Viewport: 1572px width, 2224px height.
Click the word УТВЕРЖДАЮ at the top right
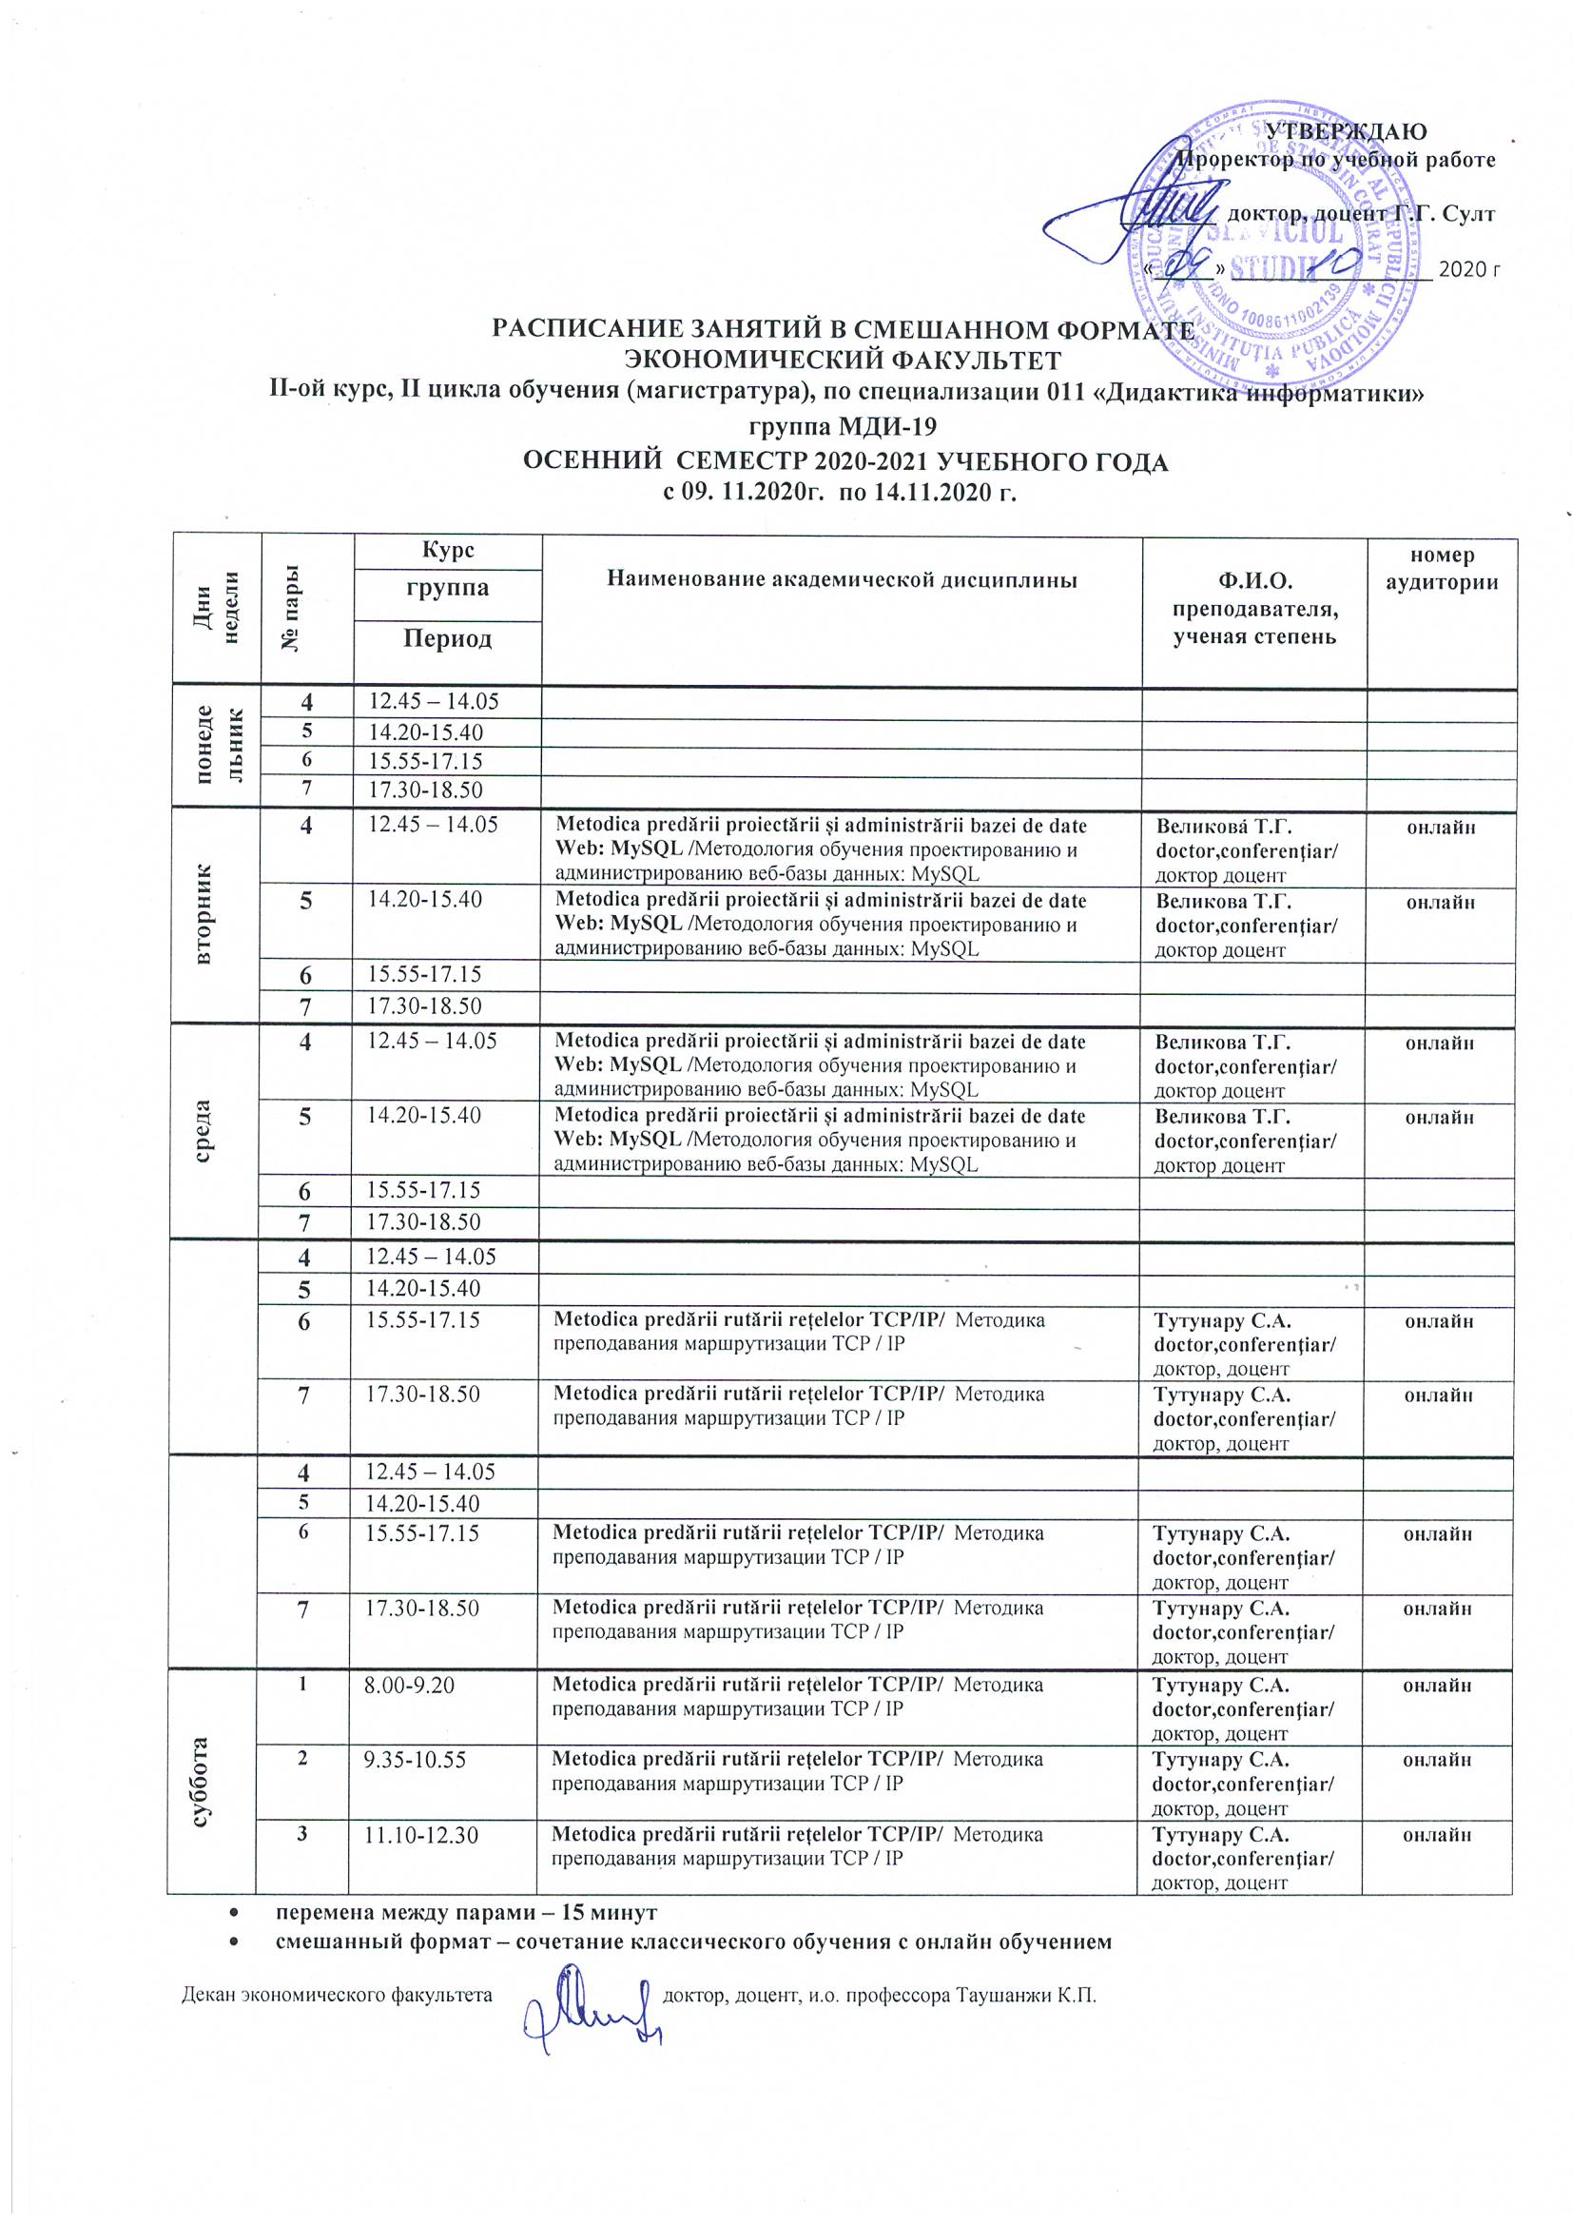1347,131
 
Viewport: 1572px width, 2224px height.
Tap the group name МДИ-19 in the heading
882,426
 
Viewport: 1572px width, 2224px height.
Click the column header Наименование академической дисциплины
842,579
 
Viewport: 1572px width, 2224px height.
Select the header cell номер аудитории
1442,569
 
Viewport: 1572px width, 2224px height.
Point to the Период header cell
448,639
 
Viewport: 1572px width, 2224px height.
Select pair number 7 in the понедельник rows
306,789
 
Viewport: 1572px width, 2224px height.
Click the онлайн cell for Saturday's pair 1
1437,1685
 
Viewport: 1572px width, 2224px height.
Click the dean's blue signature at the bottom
589,2011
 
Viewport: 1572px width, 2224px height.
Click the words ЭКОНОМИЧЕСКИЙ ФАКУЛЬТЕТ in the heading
842,361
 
